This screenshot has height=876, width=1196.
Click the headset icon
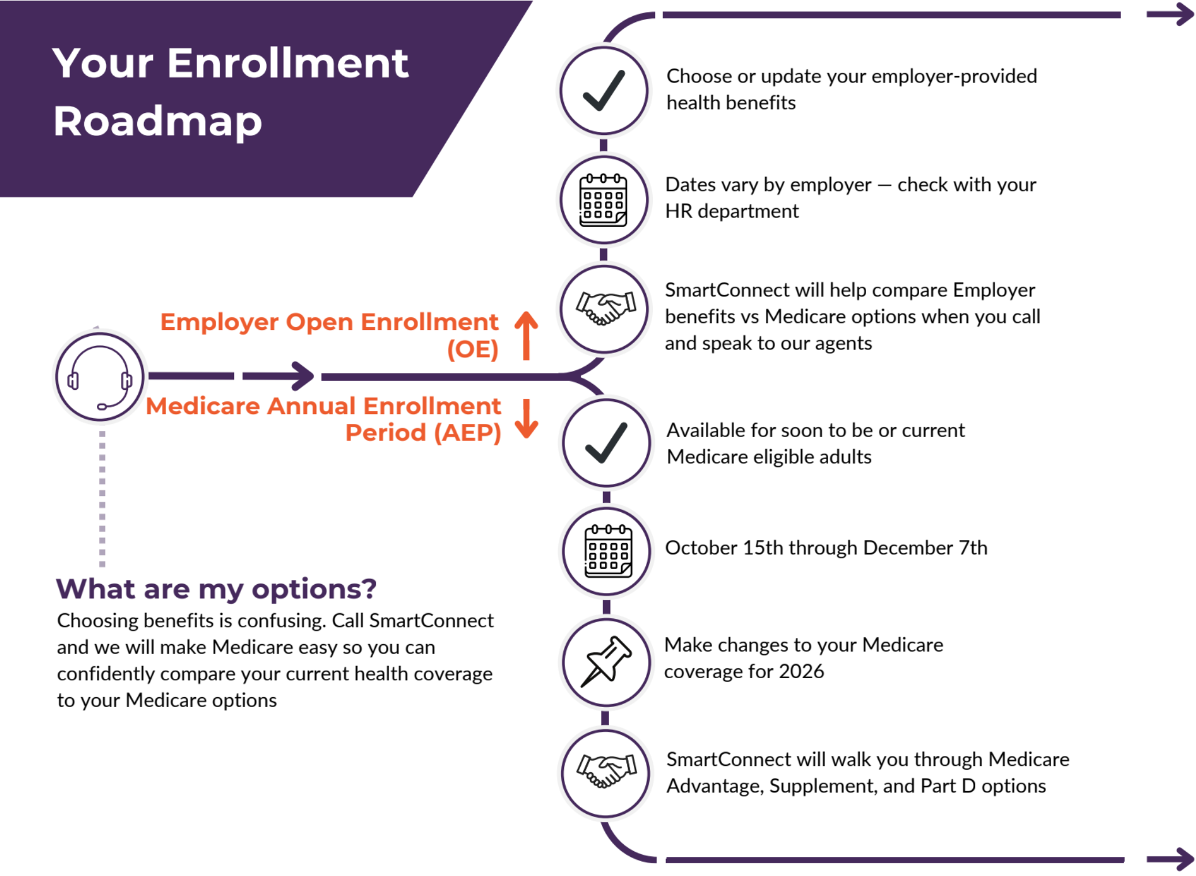click(99, 377)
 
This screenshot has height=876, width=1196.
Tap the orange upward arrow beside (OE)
click(526, 336)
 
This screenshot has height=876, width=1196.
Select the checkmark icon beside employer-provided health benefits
click(604, 91)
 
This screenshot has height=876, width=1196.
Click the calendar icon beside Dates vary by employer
click(603, 200)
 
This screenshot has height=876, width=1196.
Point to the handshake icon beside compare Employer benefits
click(606, 309)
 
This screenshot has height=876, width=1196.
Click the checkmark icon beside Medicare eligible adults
click(606, 443)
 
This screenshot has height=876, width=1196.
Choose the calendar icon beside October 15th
click(608, 551)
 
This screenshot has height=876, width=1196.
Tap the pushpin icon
click(607, 661)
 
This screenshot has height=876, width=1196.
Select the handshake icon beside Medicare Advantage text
click(607, 771)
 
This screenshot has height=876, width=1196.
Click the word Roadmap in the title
click(157, 122)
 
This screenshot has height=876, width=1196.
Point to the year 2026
click(801, 671)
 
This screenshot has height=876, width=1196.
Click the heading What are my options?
click(216, 589)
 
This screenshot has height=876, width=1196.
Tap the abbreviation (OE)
click(473, 349)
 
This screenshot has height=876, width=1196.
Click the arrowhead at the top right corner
click(1179, 14)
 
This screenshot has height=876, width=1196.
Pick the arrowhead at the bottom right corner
click(1179, 859)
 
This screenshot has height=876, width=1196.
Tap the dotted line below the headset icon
click(102, 499)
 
